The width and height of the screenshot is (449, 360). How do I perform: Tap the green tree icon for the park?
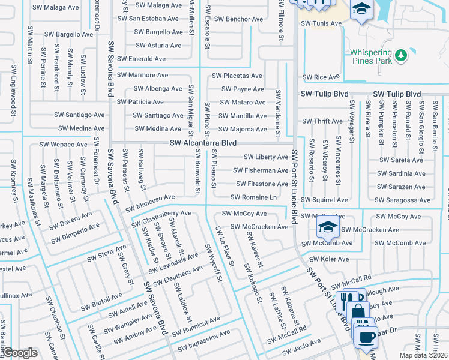click(x=401, y=56)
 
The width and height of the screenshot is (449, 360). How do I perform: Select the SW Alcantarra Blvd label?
click(x=203, y=143)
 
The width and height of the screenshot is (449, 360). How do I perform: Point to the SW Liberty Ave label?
click(x=265, y=157)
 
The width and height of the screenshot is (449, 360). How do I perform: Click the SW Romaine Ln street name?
click(x=253, y=197)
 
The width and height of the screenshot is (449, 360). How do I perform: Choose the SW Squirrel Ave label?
click(x=324, y=200)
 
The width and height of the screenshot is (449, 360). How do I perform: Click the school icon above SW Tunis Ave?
click(x=361, y=9)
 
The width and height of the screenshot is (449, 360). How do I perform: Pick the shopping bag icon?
click(x=358, y=310)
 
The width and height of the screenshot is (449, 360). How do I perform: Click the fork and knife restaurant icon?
click(x=347, y=298)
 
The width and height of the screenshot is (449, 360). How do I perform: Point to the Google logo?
click(x=20, y=353)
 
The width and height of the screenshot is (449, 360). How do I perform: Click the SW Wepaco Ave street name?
click(x=64, y=145)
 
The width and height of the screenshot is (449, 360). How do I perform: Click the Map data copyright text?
click(x=423, y=355)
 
